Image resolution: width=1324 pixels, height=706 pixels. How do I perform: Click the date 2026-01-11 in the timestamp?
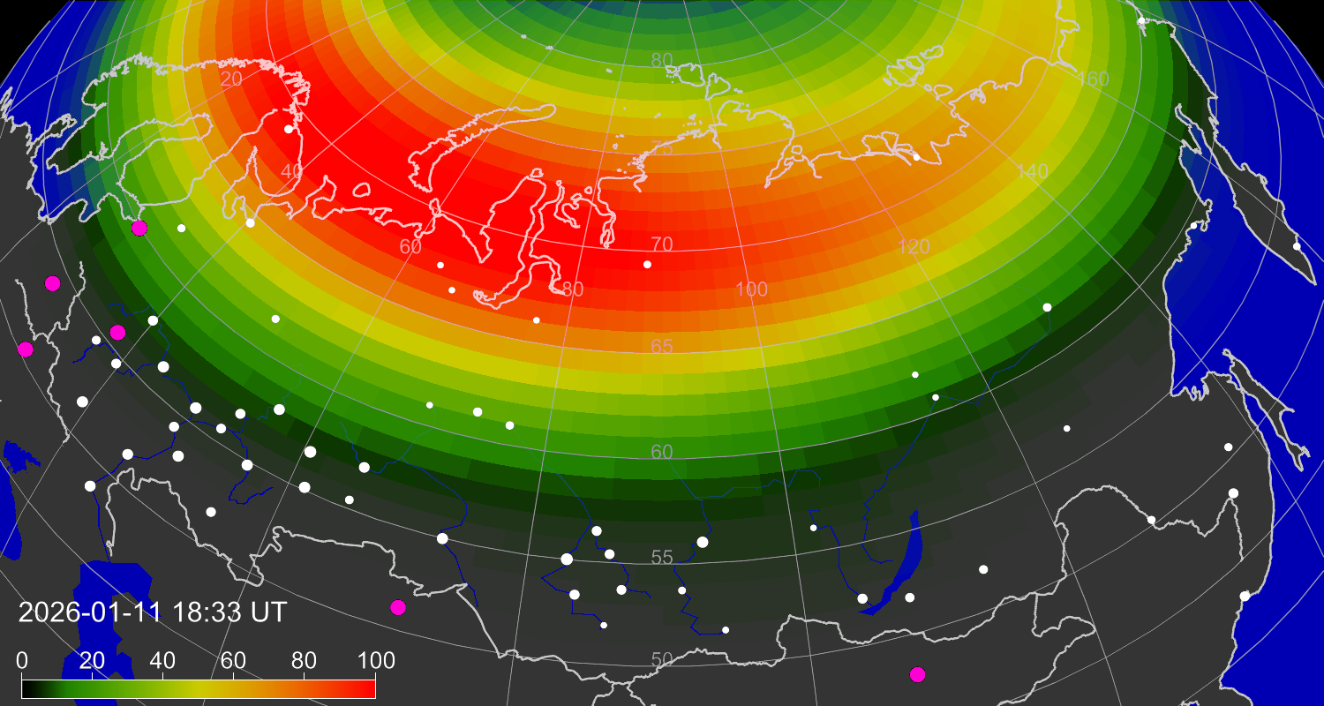click(88, 612)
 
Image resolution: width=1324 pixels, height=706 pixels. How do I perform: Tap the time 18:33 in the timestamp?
click(207, 612)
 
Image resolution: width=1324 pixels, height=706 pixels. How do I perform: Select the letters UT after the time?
click(268, 612)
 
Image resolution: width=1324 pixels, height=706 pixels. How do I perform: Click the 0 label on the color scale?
click(22, 660)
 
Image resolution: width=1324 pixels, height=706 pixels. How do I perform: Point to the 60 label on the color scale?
click(233, 660)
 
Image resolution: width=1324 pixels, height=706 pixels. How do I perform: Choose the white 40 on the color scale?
click(162, 660)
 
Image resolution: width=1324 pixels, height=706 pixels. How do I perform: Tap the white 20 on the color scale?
click(92, 660)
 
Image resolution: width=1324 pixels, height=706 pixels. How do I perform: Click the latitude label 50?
click(663, 659)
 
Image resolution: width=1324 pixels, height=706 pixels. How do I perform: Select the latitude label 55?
click(663, 557)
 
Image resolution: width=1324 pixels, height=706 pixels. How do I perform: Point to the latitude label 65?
click(662, 346)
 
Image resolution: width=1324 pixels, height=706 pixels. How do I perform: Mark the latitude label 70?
click(662, 244)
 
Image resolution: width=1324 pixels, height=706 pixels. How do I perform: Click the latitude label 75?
click(662, 147)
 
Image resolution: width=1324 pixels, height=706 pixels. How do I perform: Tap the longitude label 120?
click(914, 246)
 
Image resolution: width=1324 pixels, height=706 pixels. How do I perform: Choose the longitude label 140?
click(1032, 171)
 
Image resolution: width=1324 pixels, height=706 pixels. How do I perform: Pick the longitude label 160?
click(1093, 79)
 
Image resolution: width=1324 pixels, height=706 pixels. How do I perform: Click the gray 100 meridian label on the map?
click(752, 289)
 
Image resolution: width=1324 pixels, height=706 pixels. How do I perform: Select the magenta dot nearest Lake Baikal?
click(918, 674)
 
